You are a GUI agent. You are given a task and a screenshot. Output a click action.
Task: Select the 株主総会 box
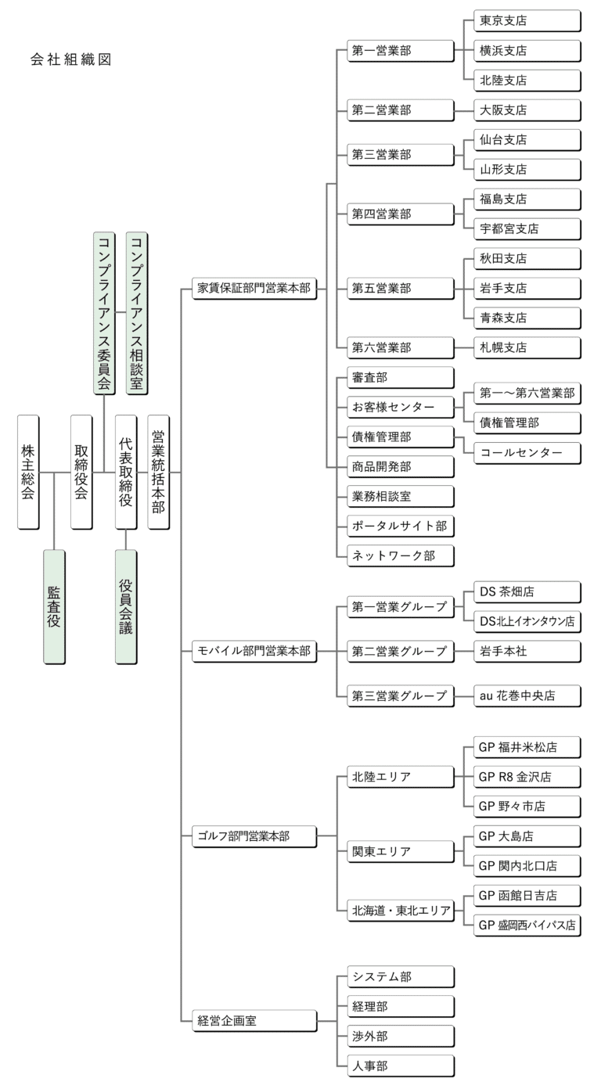pos(28,472)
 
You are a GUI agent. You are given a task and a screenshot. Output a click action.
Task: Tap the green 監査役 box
pos(54,606)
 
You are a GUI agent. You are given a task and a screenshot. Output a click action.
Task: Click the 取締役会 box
pos(81,472)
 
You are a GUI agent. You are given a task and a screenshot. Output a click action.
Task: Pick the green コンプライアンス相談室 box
pos(136,312)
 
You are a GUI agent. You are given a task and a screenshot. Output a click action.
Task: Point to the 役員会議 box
pos(125,606)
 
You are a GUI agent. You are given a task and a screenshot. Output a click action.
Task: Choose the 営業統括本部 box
pos(157,472)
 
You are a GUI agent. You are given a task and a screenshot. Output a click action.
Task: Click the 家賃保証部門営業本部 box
pos(254,288)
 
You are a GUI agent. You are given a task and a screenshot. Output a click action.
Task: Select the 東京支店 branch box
pos(527,20)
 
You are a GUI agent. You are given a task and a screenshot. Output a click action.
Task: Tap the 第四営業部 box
pos(400,214)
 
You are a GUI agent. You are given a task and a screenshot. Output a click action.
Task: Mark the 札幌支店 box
pos(527,347)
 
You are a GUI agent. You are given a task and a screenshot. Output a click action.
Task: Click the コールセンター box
pos(527,452)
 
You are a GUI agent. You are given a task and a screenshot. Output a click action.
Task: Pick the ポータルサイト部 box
pos(400,526)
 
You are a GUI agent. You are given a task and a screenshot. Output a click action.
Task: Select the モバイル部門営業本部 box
pos(254,651)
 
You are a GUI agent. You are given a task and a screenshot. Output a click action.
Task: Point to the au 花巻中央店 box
pos(527,695)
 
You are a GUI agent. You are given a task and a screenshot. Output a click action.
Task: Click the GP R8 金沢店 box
pos(527,776)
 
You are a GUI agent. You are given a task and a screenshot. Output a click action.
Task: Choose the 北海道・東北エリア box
pos(400,910)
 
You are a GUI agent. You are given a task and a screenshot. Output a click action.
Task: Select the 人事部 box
pos(400,1065)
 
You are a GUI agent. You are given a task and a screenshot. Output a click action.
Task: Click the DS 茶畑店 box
pos(527,591)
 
